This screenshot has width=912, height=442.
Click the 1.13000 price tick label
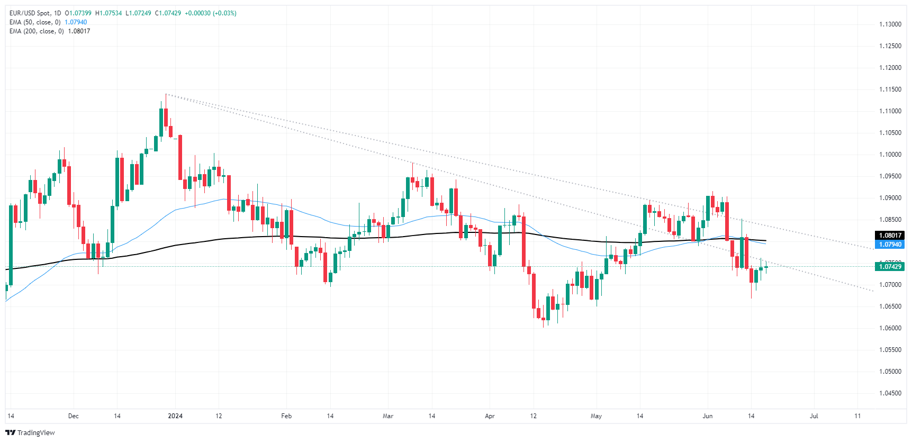tap(890, 24)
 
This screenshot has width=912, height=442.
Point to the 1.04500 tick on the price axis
tap(890, 393)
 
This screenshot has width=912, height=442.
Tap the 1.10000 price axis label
tap(890, 155)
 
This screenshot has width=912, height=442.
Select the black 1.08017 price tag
tap(890, 236)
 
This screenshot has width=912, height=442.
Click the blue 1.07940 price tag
tap(890, 245)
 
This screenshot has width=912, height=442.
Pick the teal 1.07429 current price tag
tap(890, 267)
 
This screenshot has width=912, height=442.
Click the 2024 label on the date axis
tap(175, 416)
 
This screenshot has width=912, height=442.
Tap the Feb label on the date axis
tap(286, 416)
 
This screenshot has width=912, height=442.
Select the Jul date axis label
tap(814, 416)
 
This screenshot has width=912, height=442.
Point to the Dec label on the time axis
tap(74, 416)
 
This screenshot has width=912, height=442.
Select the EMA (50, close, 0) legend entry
tap(35, 22)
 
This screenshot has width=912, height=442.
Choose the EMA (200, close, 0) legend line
tap(37, 31)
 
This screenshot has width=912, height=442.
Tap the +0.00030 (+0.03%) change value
tap(211, 13)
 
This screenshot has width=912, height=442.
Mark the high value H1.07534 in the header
tap(109, 13)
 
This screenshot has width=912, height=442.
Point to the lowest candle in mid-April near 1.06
tap(543, 318)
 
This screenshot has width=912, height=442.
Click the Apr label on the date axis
tap(490, 416)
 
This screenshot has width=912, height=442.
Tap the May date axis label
tap(596, 416)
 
